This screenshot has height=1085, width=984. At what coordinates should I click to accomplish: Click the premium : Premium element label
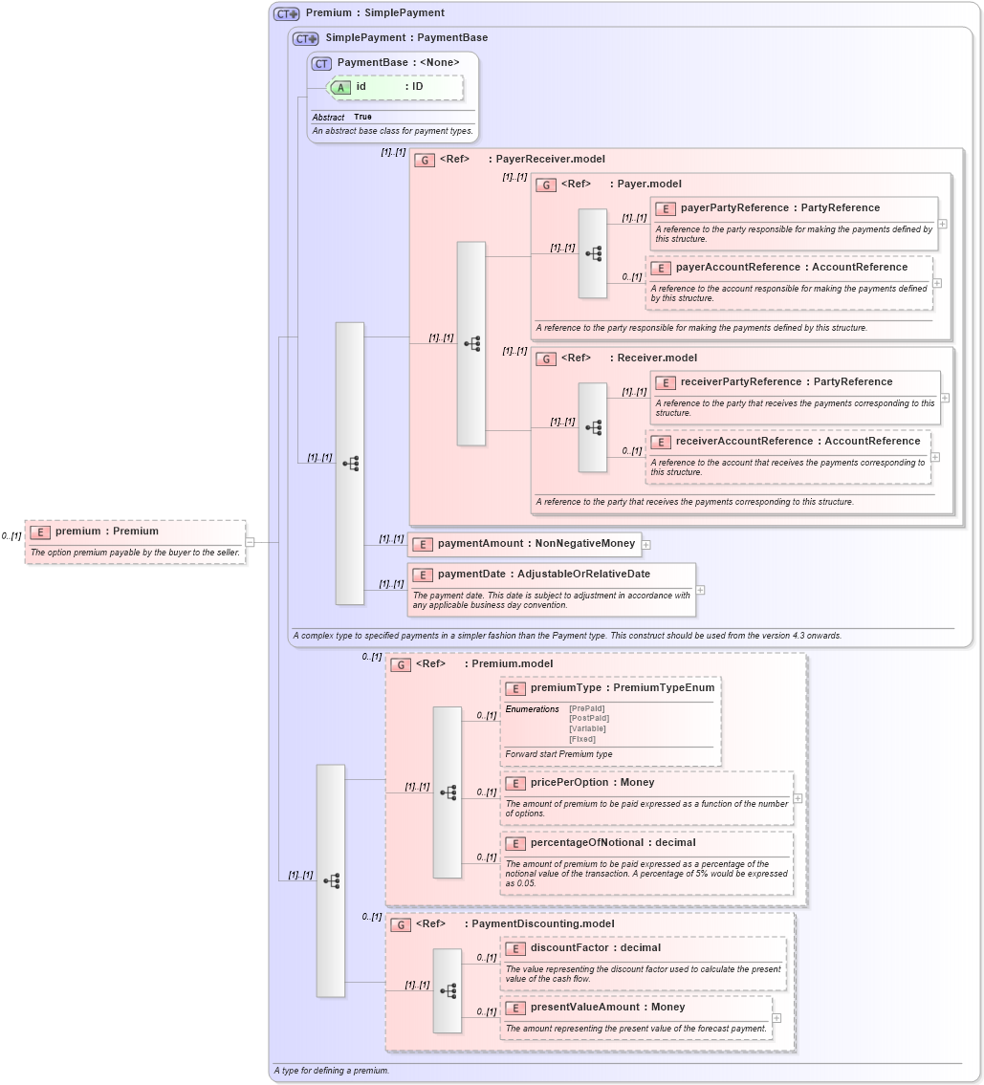coord(106,532)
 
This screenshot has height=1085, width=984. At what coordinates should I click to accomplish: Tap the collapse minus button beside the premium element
coord(250,542)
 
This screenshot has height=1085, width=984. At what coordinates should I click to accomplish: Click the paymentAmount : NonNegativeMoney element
coord(536,544)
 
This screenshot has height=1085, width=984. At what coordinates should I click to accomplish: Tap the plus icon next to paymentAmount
coord(646,544)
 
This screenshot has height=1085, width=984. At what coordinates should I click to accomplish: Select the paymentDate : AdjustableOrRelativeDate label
coord(543,575)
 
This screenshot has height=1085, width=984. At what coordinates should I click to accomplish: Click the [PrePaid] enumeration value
coord(586,708)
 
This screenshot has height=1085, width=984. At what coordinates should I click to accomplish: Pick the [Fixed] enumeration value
coord(582,739)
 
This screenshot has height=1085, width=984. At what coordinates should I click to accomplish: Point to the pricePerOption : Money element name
coord(592,783)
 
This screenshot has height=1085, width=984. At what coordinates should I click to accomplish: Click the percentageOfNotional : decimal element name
coord(613,843)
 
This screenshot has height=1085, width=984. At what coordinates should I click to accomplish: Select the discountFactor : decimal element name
coord(595,948)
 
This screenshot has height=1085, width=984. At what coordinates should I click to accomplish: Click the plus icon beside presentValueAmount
coord(776,1017)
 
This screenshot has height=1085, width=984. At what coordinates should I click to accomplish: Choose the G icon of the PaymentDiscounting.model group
coord(402,924)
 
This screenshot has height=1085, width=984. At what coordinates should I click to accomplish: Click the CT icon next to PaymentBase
coord(321,63)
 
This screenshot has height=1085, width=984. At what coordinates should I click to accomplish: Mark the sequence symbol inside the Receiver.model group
coord(593,427)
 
